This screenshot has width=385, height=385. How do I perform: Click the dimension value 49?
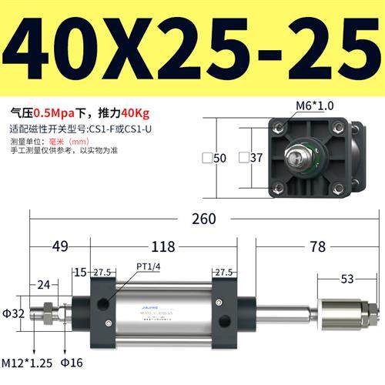point(60,247)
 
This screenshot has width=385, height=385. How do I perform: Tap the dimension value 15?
point(81,272)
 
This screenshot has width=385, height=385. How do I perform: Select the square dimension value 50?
point(219,158)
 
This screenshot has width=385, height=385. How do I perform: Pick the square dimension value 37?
point(256,158)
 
